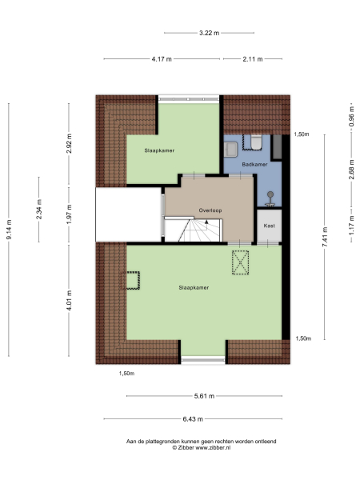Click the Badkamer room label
pos(254,165)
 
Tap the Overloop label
pos(210,212)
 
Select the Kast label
pos(269,226)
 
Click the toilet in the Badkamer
pos(256,142)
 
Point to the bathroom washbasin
pos(231,148)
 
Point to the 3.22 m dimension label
pos(209,33)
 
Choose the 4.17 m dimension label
pos(161,59)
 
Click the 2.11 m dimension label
pos(252,59)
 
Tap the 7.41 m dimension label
pos(325,237)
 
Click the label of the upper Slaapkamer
pos(159,150)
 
